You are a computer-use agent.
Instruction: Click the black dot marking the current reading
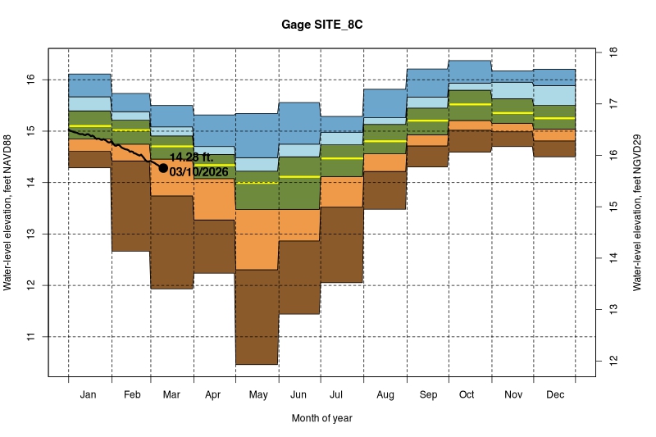point(163,167)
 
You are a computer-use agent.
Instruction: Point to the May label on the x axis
point(258,395)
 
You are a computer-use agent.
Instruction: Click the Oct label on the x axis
point(467,395)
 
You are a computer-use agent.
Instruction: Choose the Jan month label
point(89,395)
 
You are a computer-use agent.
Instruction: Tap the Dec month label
point(553,395)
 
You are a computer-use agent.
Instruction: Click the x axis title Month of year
point(321,418)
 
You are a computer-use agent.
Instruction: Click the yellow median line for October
point(470,104)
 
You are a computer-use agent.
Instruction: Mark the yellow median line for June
point(299,176)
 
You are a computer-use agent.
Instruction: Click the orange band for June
point(299,225)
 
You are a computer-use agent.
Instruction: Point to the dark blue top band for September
point(427,83)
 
